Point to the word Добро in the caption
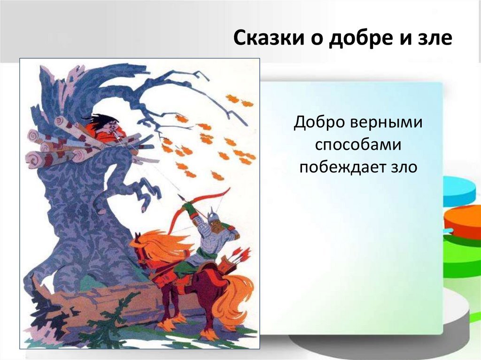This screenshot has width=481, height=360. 318,123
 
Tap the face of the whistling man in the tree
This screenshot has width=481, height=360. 110,126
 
